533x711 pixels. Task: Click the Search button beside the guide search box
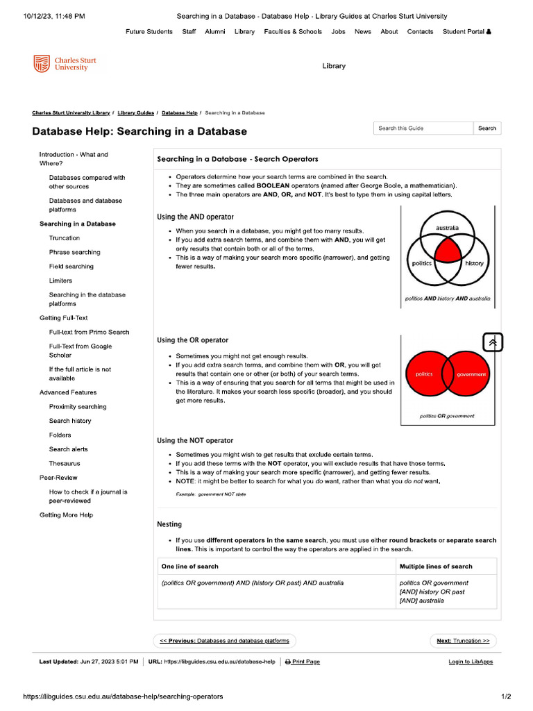pyautogui.click(x=487, y=128)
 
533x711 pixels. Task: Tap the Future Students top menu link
pyautogui.click(x=149, y=32)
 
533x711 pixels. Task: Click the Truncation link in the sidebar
pyautogui.click(x=64, y=238)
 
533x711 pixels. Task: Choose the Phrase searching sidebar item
pyautogui.click(x=74, y=252)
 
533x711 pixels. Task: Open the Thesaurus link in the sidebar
pyautogui.click(x=64, y=463)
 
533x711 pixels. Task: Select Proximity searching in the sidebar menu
pyautogui.click(x=78, y=407)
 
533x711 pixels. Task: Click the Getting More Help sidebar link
pyautogui.click(x=66, y=515)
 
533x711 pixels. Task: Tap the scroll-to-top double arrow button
pyautogui.click(x=492, y=342)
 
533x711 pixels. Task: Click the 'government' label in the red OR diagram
pyautogui.click(x=471, y=374)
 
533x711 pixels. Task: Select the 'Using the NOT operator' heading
pyautogui.click(x=195, y=441)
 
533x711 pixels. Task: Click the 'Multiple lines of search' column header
pyautogui.click(x=436, y=567)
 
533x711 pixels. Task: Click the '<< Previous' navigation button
pyautogui.click(x=224, y=641)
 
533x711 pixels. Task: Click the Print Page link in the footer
pyautogui.click(x=303, y=662)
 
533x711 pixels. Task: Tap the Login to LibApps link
pyautogui.click(x=471, y=662)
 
